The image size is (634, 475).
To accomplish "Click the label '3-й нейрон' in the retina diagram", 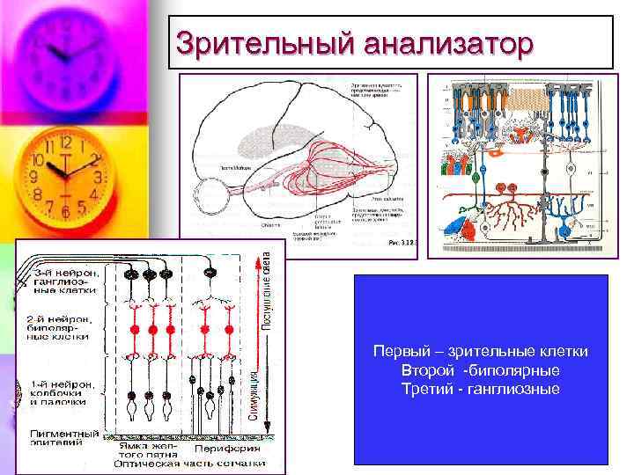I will [x=62, y=274].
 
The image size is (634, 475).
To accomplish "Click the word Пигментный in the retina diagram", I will [x=65, y=434].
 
